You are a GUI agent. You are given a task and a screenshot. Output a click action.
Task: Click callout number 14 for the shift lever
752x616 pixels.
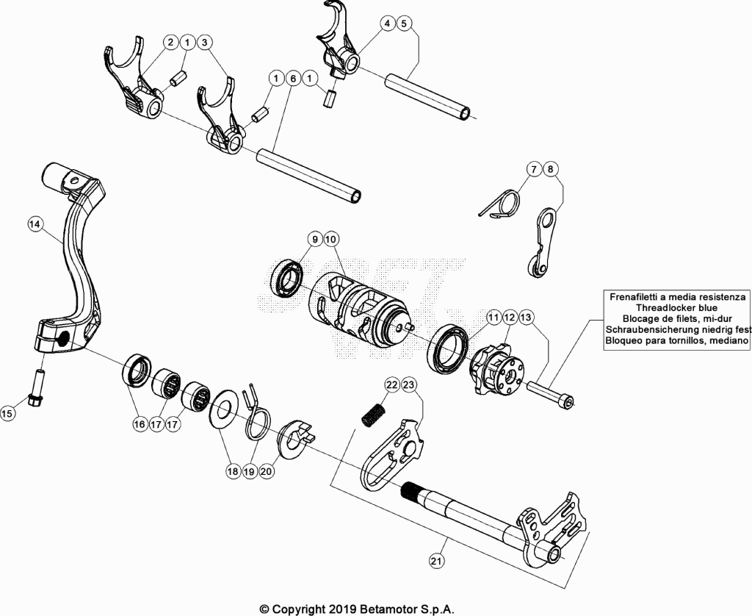pos(35,223)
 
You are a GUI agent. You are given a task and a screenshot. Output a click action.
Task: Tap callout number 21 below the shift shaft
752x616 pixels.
pos(436,561)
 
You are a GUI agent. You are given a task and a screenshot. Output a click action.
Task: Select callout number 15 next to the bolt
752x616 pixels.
pos(7,413)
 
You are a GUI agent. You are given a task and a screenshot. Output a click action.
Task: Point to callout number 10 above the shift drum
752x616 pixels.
pos(331,239)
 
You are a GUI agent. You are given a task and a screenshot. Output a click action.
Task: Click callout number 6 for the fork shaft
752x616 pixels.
pos(293,78)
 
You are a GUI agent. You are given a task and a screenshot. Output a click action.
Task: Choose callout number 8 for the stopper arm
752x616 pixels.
pos(550,169)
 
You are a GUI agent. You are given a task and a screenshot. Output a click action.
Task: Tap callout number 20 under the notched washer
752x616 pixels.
pos(266,471)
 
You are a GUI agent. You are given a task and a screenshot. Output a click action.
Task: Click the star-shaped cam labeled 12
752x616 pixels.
pos(497,368)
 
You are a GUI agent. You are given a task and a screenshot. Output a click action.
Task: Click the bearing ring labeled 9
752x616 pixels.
pos(287,278)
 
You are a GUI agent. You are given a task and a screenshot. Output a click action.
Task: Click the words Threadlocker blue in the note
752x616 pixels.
pos(676,308)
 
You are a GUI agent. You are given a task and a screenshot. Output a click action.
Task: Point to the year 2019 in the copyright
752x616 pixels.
pos(343,609)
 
